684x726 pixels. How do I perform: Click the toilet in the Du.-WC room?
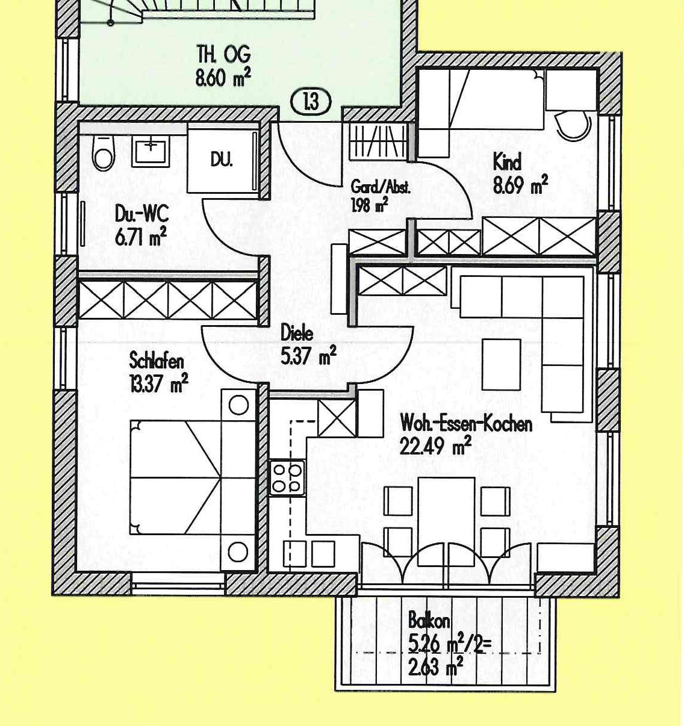click(x=104, y=154)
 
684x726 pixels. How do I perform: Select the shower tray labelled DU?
click(x=222, y=159)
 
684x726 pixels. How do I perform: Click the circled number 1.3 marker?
click(x=311, y=101)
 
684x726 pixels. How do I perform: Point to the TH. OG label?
click(x=223, y=55)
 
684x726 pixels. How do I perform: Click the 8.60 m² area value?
click(x=222, y=78)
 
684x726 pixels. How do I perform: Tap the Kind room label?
click(x=507, y=163)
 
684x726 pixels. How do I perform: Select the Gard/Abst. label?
click(x=381, y=187)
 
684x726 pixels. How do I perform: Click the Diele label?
click(x=297, y=333)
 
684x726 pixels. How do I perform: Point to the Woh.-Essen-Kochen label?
click(x=466, y=424)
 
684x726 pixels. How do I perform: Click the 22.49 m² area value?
click(x=435, y=447)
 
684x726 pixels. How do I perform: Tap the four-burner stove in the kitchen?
click(x=287, y=478)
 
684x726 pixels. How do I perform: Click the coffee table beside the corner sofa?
click(x=501, y=365)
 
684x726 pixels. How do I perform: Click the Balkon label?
click(x=429, y=620)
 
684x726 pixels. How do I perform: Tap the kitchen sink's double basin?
click(x=309, y=554)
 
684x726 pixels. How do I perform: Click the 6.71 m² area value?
click(x=140, y=237)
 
